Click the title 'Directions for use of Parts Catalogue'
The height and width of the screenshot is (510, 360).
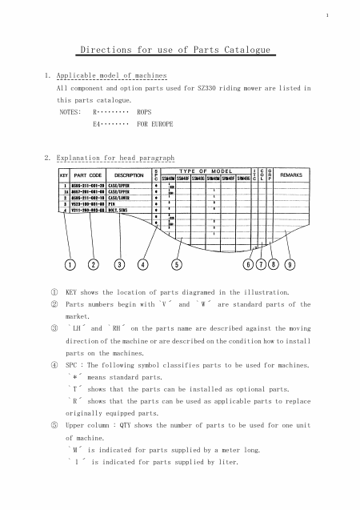[179, 50]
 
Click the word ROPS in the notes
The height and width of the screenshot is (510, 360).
[145, 113]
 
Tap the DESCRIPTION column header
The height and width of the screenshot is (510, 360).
[129, 175]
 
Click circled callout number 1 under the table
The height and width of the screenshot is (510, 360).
[70, 264]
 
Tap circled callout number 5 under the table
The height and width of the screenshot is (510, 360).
[176, 264]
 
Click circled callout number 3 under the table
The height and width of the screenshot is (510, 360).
[119, 264]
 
